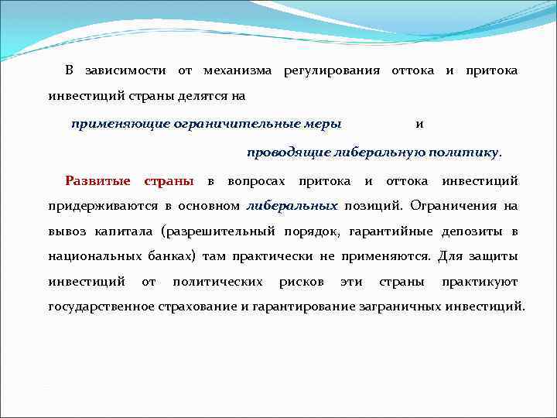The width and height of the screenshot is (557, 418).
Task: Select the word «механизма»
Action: [237, 70]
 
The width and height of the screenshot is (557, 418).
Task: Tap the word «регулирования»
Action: [332, 70]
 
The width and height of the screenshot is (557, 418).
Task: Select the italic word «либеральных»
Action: [292, 207]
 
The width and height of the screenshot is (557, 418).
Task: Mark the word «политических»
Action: [217, 282]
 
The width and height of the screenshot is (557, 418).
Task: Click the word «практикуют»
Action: [480, 282]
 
